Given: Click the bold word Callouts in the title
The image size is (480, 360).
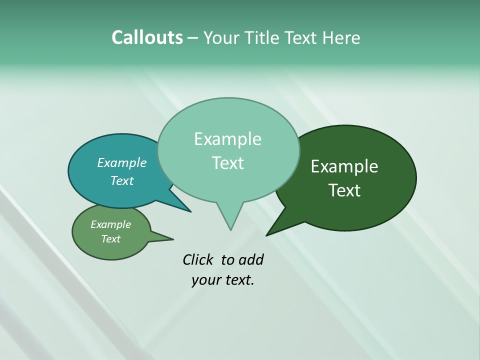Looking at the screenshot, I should click(147, 38).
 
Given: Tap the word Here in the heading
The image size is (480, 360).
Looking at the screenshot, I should click(341, 38).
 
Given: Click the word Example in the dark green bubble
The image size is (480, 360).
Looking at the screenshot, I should click(344, 166).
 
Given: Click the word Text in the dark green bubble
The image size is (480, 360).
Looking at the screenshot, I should click(344, 190).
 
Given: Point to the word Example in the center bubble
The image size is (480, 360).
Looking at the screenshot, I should click(227, 139).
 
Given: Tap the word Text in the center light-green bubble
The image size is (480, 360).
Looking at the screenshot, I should click(227, 163).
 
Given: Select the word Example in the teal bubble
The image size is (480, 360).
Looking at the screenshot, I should click(121, 163).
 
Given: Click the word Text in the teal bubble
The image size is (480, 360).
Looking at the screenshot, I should click(121, 180).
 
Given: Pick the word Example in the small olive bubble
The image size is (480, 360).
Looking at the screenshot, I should click(110, 224).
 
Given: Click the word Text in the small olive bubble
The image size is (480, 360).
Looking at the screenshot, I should click(110, 239).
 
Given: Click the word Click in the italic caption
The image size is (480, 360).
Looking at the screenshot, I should click(198, 259).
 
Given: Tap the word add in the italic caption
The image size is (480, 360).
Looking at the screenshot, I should click(250, 259).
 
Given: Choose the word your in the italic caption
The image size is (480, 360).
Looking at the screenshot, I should click(206, 280).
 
